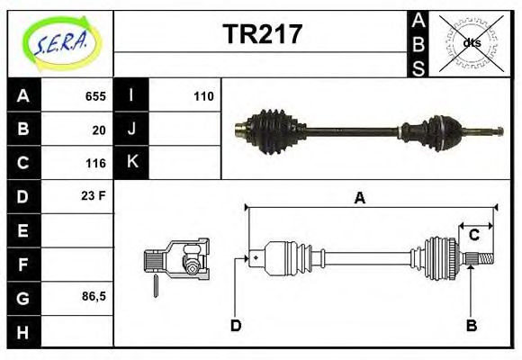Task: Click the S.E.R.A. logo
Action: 60,42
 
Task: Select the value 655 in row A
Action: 95,96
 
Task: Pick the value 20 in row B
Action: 99,130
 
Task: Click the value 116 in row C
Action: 95,164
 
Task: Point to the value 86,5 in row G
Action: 94,296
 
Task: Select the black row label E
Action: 22,230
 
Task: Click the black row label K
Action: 131,163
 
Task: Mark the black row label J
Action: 131,130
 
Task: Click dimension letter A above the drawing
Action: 359,199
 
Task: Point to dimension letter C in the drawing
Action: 473,235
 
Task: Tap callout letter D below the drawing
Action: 236,325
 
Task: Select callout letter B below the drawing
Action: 471,325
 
